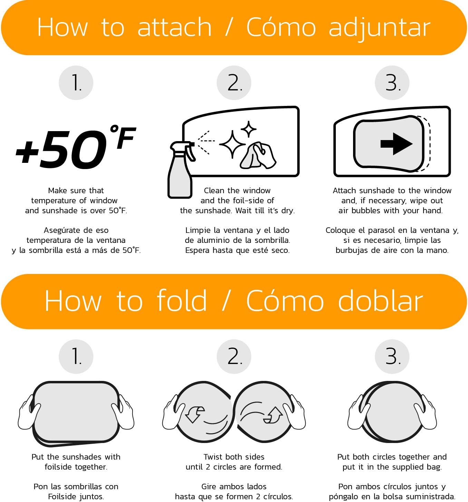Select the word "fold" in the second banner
pos(182,301)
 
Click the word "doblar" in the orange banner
pos(380,301)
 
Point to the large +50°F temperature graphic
pos(75,147)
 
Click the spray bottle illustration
pos(182,170)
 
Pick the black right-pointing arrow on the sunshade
pos(397,144)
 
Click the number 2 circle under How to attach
pos(234,83)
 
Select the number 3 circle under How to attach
pos(392,83)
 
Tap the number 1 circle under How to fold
pos(76,356)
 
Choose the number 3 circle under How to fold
pos(392,356)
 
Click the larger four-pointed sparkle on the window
pos(233,144)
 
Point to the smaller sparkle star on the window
pos(248,129)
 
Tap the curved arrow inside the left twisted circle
pos(195,414)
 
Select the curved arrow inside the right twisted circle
pos(273,415)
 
